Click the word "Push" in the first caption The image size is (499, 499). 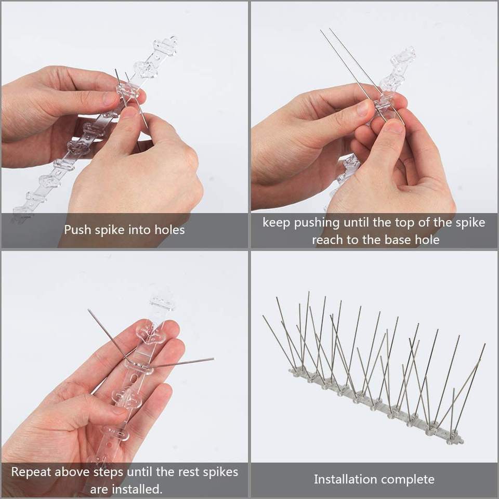click(x=76, y=229)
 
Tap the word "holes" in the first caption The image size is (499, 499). click(x=169, y=229)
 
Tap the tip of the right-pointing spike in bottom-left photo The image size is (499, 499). click(x=213, y=359)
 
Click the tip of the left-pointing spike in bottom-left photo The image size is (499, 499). click(x=89, y=311)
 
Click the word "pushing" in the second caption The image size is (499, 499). click(x=318, y=222)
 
